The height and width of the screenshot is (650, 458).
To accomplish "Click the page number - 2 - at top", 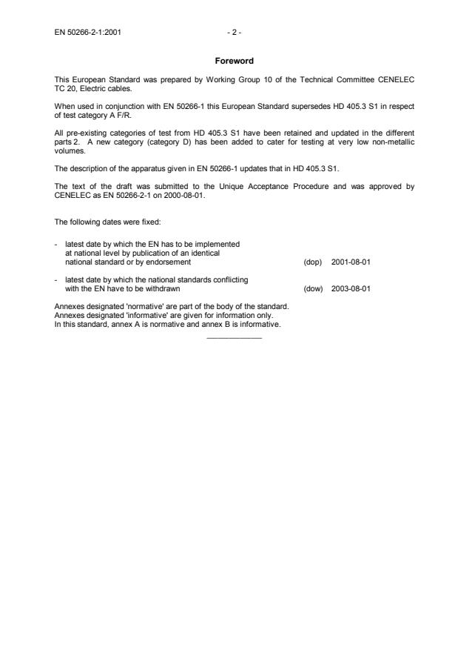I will (x=235, y=33).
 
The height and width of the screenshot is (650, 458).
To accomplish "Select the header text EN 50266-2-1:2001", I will (x=89, y=33).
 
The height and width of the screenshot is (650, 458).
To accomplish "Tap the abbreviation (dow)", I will (x=313, y=289).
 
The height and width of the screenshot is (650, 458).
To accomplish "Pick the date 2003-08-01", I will (x=351, y=289).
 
